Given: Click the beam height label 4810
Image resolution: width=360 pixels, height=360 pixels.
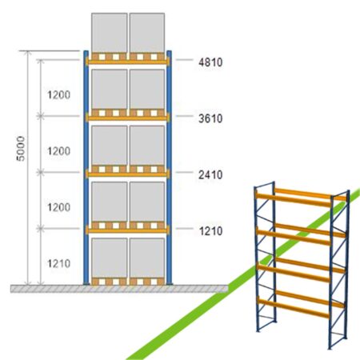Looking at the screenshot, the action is [x=210, y=62].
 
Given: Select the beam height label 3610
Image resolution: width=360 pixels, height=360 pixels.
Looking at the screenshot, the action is [x=210, y=118].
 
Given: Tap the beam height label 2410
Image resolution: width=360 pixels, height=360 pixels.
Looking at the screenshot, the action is [x=210, y=174].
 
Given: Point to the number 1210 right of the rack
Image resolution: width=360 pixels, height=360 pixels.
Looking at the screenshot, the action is [x=210, y=231].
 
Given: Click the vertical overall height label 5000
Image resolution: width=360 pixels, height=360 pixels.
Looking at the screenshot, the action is [x=21, y=149].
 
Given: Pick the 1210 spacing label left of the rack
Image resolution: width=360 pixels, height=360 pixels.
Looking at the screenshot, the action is [x=58, y=263].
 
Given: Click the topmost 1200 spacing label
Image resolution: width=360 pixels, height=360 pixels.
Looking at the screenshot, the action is [x=58, y=94].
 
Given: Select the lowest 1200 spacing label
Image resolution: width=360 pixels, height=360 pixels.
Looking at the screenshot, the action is [x=58, y=207].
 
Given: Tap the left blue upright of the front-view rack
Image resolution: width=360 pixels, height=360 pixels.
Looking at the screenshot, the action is [x=86, y=167].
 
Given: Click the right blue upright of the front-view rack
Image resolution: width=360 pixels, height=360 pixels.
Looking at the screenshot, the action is [x=169, y=167].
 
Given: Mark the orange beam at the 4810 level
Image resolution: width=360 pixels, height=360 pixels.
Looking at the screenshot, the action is [x=127, y=62].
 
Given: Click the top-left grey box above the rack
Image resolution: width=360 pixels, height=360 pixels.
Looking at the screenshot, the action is [x=110, y=33].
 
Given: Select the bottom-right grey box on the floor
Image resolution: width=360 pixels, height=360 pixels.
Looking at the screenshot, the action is [x=147, y=258].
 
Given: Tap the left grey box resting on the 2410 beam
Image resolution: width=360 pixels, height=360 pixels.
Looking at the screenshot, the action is [x=110, y=146].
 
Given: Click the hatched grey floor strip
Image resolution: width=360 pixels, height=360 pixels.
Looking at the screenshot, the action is [x=119, y=289].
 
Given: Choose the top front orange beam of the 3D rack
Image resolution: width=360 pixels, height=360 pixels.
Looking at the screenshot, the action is [x=293, y=200].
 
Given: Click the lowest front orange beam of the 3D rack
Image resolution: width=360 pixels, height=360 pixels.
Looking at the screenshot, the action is [x=293, y=308].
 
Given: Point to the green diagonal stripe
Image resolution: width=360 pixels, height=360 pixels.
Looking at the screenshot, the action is [x=242, y=274].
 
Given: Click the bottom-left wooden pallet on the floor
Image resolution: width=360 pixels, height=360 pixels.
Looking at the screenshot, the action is [x=110, y=282].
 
